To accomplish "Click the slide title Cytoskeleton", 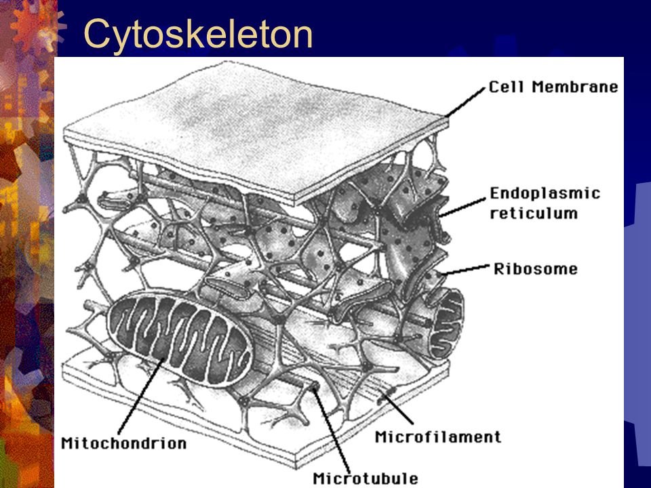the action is pos(198,34).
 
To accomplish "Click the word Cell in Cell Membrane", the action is pos(507,87).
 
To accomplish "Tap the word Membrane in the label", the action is pos(575,87).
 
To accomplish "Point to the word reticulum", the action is pos(534,213).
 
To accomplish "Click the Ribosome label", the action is pos(536,269).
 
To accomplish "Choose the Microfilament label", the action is pos(438,437).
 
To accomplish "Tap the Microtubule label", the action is pos(366,479).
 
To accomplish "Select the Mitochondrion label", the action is pos(123,443).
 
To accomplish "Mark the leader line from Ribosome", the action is pos(465,270).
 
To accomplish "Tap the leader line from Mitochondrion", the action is pos(140,396).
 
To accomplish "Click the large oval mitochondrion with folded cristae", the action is pos(178,337).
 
